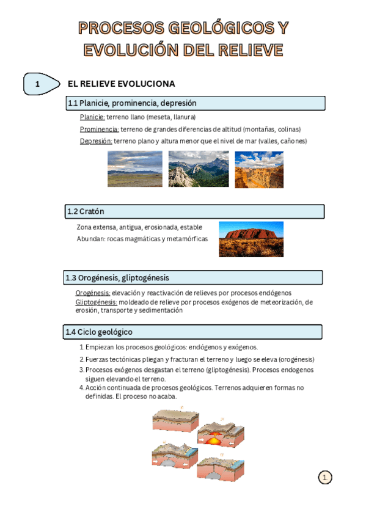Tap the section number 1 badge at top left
pyautogui.click(x=38, y=84)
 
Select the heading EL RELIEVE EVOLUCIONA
pyautogui.click(x=121, y=84)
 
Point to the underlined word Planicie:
pyautogui.click(x=92, y=117)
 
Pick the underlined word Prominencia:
pyautogui.click(x=99, y=129)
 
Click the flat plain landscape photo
pyautogui.click(x=135, y=169)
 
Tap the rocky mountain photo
pyautogui.click(x=199, y=169)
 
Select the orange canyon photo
pyautogui.click(x=259, y=169)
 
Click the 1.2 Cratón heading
pyautogui.click(x=86, y=211)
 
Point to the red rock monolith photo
pyautogui.click(x=251, y=239)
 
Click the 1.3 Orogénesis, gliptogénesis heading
pyautogui.click(x=117, y=278)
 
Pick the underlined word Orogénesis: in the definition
pyautogui.click(x=93, y=293)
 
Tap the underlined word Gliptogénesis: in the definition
pyautogui.click(x=97, y=302)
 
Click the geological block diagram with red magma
pyautogui.click(x=221, y=435)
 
